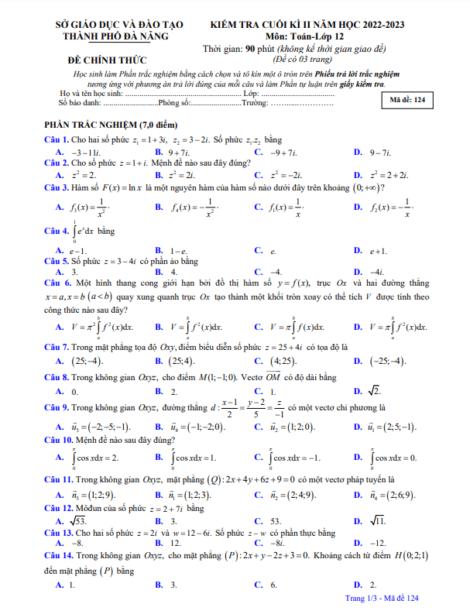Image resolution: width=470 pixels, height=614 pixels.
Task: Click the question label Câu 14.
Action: click(59, 556)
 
